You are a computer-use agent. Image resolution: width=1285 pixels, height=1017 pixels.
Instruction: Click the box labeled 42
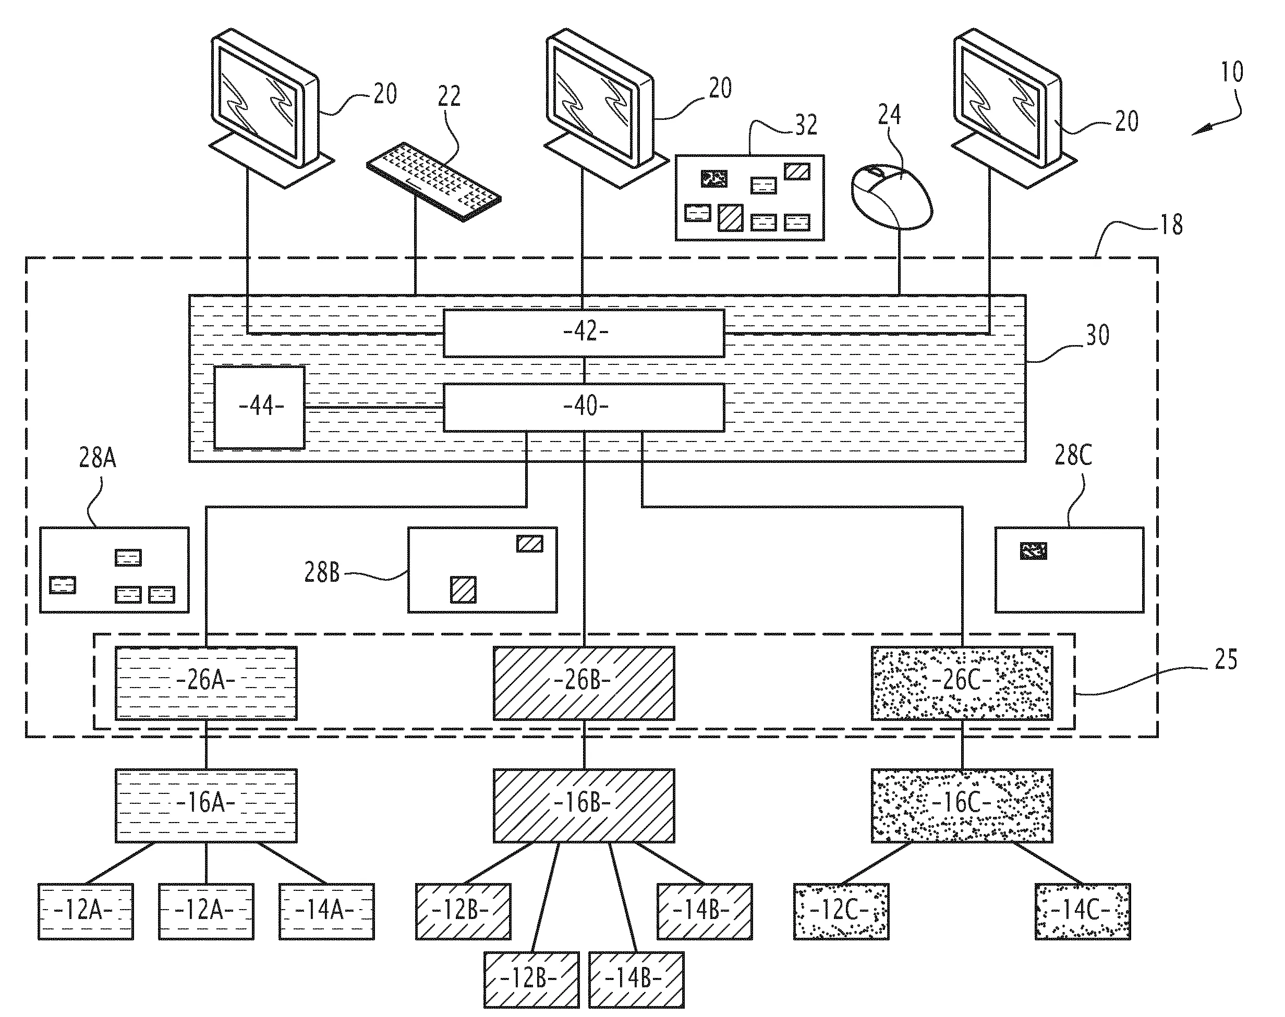tap(584, 333)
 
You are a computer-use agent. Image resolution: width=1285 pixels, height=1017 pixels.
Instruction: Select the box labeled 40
tap(584, 407)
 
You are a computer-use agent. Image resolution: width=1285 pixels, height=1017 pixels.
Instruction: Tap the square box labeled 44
tap(259, 407)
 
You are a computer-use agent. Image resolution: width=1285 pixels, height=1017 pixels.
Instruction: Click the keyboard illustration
tap(433, 181)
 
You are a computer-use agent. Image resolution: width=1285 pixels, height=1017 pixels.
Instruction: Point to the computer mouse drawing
tap(892, 197)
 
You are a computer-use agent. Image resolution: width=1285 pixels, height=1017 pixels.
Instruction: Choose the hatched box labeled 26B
tap(584, 683)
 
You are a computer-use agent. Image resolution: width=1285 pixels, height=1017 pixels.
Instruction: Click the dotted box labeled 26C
tap(962, 683)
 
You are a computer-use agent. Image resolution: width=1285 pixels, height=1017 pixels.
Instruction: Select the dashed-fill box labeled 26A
tap(206, 683)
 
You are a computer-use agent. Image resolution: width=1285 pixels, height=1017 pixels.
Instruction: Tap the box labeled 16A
tap(206, 805)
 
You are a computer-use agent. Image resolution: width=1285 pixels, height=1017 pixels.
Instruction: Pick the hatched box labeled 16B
tap(584, 805)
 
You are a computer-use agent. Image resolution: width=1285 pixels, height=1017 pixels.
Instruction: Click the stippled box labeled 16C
tap(962, 805)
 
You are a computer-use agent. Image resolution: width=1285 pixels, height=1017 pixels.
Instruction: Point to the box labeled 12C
tap(841, 912)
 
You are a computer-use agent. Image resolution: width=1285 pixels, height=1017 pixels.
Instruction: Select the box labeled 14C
tap(1083, 912)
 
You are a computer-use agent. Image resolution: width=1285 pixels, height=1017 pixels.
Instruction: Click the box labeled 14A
tap(327, 912)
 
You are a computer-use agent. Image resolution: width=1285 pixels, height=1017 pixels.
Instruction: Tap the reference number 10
tap(1232, 72)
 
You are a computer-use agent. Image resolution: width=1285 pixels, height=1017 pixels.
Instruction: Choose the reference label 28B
tap(322, 572)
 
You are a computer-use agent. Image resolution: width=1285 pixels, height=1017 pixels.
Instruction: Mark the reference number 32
tap(806, 125)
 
